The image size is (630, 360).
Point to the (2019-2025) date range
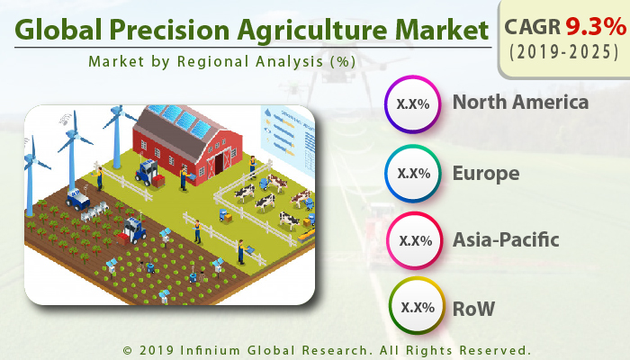click(562, 52)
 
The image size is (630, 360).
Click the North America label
click(520, 102)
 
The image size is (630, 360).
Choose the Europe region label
click(485, 172)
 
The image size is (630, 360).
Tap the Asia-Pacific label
click(506, 240)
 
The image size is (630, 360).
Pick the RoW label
click(473, 308)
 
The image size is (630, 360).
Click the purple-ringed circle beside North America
click(413, 103)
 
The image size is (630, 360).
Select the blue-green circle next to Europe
click(413, 173)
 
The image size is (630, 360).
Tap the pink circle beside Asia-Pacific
click(413, 240)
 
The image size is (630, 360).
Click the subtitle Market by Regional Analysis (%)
click(221, 62)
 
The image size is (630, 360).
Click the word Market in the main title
click(436, 31)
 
